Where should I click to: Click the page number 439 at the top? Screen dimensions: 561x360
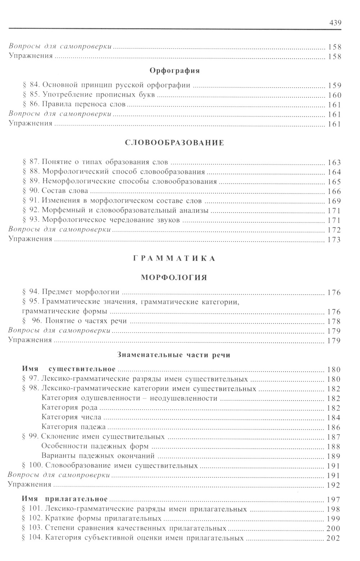click(335, 23)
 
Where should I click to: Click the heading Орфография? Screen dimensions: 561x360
click(175, 71)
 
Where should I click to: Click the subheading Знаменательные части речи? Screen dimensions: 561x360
click(174, 355)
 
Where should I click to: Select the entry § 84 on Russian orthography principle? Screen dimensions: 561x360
click(106, 86)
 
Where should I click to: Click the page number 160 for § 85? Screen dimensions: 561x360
click(334, 95)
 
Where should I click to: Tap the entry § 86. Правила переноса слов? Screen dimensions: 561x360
click(74, 105)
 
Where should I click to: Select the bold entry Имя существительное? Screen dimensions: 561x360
click(68, 369)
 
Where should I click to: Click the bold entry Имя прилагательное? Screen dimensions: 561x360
click(65, 499)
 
